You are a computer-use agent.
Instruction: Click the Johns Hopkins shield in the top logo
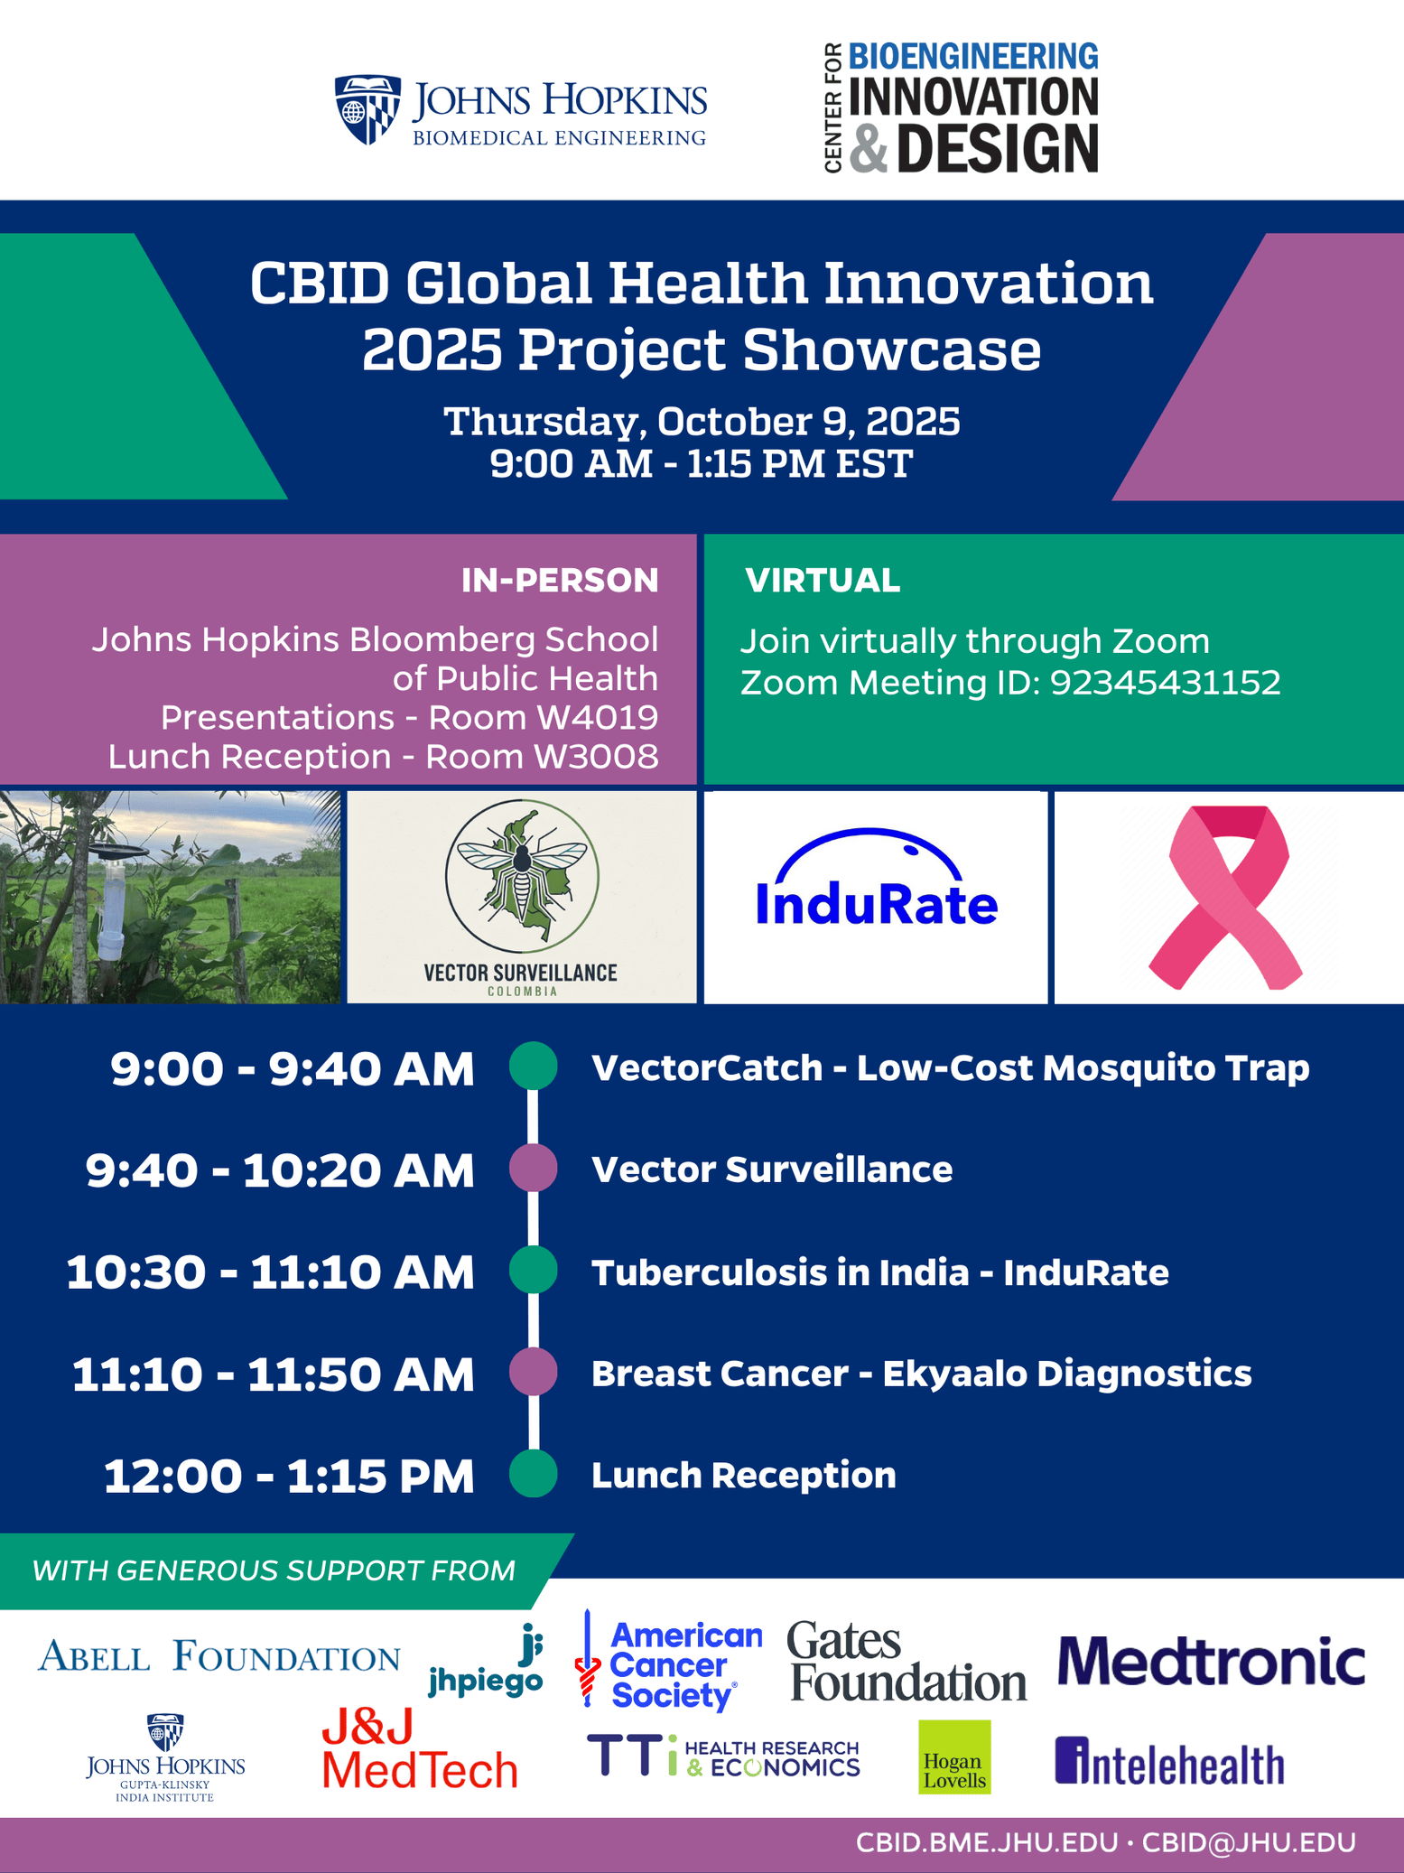[x=367, y=109]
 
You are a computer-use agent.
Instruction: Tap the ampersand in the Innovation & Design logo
[x=869, y=149]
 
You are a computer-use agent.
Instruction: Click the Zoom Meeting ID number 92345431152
[x=1166, y=683]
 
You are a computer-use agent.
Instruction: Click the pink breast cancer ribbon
[x=1226, y=897]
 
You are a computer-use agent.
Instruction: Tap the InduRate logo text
[x=876, y=904]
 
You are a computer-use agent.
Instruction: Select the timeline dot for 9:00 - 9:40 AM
[x=533, y=1067]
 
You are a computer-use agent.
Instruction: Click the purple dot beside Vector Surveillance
[x=533, y=1169]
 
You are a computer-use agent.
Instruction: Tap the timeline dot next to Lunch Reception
[x=533, y=1474]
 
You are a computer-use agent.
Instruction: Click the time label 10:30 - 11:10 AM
[x=270, y=1272]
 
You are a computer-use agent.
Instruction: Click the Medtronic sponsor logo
[x=1211, y=1661]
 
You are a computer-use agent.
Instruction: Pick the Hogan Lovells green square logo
[x=954, y=1757]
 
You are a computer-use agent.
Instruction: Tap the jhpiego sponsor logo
[x=486, y=1661]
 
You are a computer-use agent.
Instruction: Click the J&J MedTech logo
[x=420, y=1750]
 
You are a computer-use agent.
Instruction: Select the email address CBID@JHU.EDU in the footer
[x=1249, y=1843]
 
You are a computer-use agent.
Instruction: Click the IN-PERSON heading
[x=560, y=581]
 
